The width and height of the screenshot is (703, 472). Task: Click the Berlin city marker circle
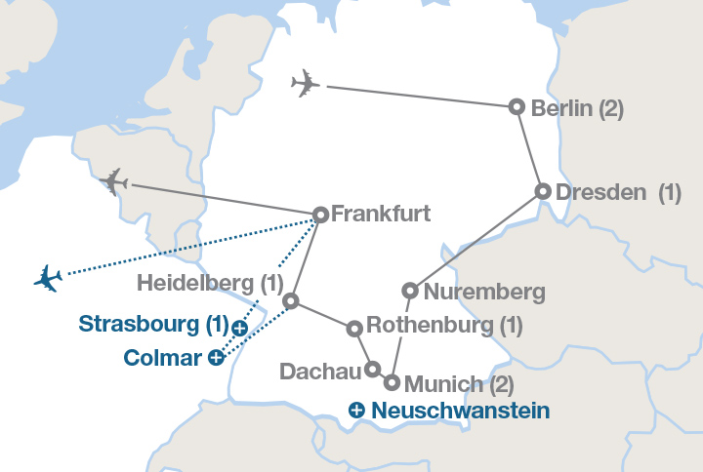click(x=517, y=107)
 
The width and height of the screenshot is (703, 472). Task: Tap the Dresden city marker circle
click(x=543, y=192)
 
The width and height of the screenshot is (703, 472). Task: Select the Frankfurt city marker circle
click(x=320, y=215)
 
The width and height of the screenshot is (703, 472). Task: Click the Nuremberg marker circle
click(x=410, y=291)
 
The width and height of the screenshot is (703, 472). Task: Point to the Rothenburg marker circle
click(x=354, y=329)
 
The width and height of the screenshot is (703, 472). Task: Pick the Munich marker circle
click(x=393, y=383)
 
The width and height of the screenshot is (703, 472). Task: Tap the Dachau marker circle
click(x=372, y=370)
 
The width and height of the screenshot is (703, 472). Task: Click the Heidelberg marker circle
click(x=290, y=301)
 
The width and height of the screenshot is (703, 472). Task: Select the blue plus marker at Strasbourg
click(x=240, y=329)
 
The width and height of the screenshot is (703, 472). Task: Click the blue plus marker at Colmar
click(x=216, y=358)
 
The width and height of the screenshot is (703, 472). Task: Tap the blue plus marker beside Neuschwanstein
click(x=357, y=411)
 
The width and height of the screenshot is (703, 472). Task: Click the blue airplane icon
click(x=47, y=278)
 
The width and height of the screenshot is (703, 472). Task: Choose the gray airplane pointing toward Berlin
click(x=306, y=84)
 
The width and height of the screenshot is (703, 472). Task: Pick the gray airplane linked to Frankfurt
click(x=114, y=181)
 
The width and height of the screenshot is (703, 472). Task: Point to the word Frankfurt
click(x=381, y=214)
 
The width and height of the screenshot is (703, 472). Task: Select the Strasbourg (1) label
click(x=153, y=323)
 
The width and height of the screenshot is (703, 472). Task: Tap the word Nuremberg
click(x=471, y=291)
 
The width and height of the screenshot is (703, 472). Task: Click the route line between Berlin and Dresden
click(x=530, y=149)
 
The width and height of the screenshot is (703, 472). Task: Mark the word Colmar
click(x=162, y=358)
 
